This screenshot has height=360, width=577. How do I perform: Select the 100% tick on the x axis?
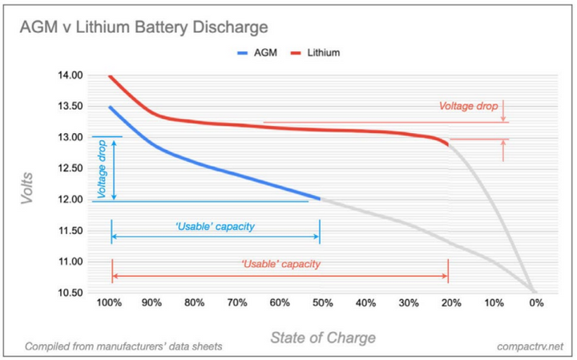[110, 305]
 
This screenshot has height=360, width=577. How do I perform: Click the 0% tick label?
[536, 305]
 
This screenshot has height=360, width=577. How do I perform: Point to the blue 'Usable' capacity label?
[214, 227]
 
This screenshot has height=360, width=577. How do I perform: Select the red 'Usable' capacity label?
[280, 265]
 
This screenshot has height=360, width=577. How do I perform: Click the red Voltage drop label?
[469, 106]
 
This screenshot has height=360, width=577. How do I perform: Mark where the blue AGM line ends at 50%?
[319, 198]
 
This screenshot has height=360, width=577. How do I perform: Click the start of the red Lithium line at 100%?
[110, 76]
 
